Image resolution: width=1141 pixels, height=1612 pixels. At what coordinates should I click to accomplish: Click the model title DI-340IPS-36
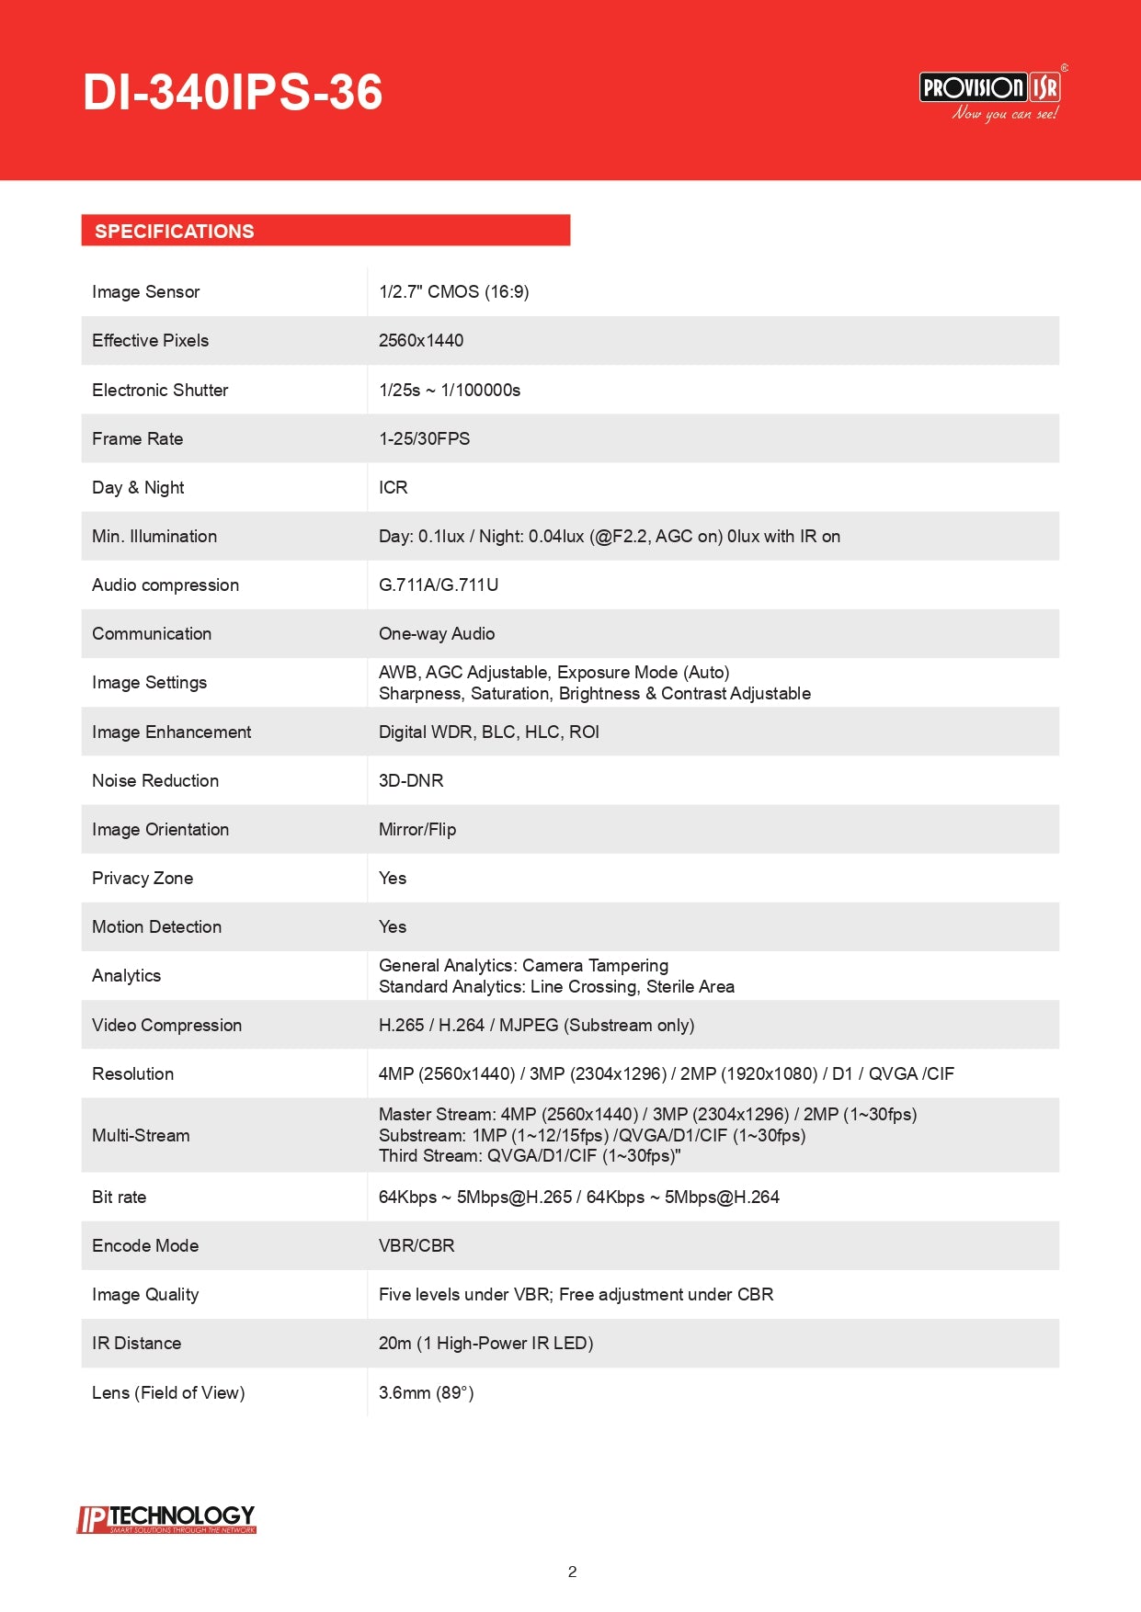233,93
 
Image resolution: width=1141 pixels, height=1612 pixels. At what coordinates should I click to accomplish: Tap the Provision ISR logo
991,94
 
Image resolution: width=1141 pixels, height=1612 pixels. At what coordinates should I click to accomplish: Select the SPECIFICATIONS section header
175,232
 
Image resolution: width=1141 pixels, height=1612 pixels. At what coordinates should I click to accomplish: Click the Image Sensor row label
145,292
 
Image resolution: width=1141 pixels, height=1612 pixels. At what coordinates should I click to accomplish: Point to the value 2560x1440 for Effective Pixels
421,341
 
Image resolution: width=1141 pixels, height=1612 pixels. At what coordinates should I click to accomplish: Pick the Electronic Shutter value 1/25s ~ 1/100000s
450,391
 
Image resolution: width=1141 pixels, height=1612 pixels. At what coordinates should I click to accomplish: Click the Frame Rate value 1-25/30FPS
424,439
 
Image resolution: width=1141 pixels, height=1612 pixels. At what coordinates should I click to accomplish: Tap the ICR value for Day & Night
394,488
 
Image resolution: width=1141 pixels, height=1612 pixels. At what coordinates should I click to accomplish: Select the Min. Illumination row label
154,537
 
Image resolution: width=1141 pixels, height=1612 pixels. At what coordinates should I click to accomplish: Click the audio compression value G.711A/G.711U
439,585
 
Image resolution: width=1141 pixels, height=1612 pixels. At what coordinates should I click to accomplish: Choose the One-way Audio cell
437,634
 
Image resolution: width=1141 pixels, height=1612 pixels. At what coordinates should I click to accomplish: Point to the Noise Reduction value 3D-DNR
411,781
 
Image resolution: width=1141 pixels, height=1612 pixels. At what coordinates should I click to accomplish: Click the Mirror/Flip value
417,830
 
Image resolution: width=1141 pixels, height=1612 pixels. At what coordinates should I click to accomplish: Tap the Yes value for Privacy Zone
393,879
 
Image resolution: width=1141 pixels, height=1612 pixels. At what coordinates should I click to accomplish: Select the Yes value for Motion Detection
393,927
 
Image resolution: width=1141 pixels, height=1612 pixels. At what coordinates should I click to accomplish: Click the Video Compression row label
166,1026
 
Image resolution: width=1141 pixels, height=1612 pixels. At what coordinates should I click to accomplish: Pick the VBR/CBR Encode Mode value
416,1246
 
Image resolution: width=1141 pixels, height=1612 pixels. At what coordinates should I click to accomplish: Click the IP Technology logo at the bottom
166,1519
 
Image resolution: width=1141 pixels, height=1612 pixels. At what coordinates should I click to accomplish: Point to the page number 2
572,1572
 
